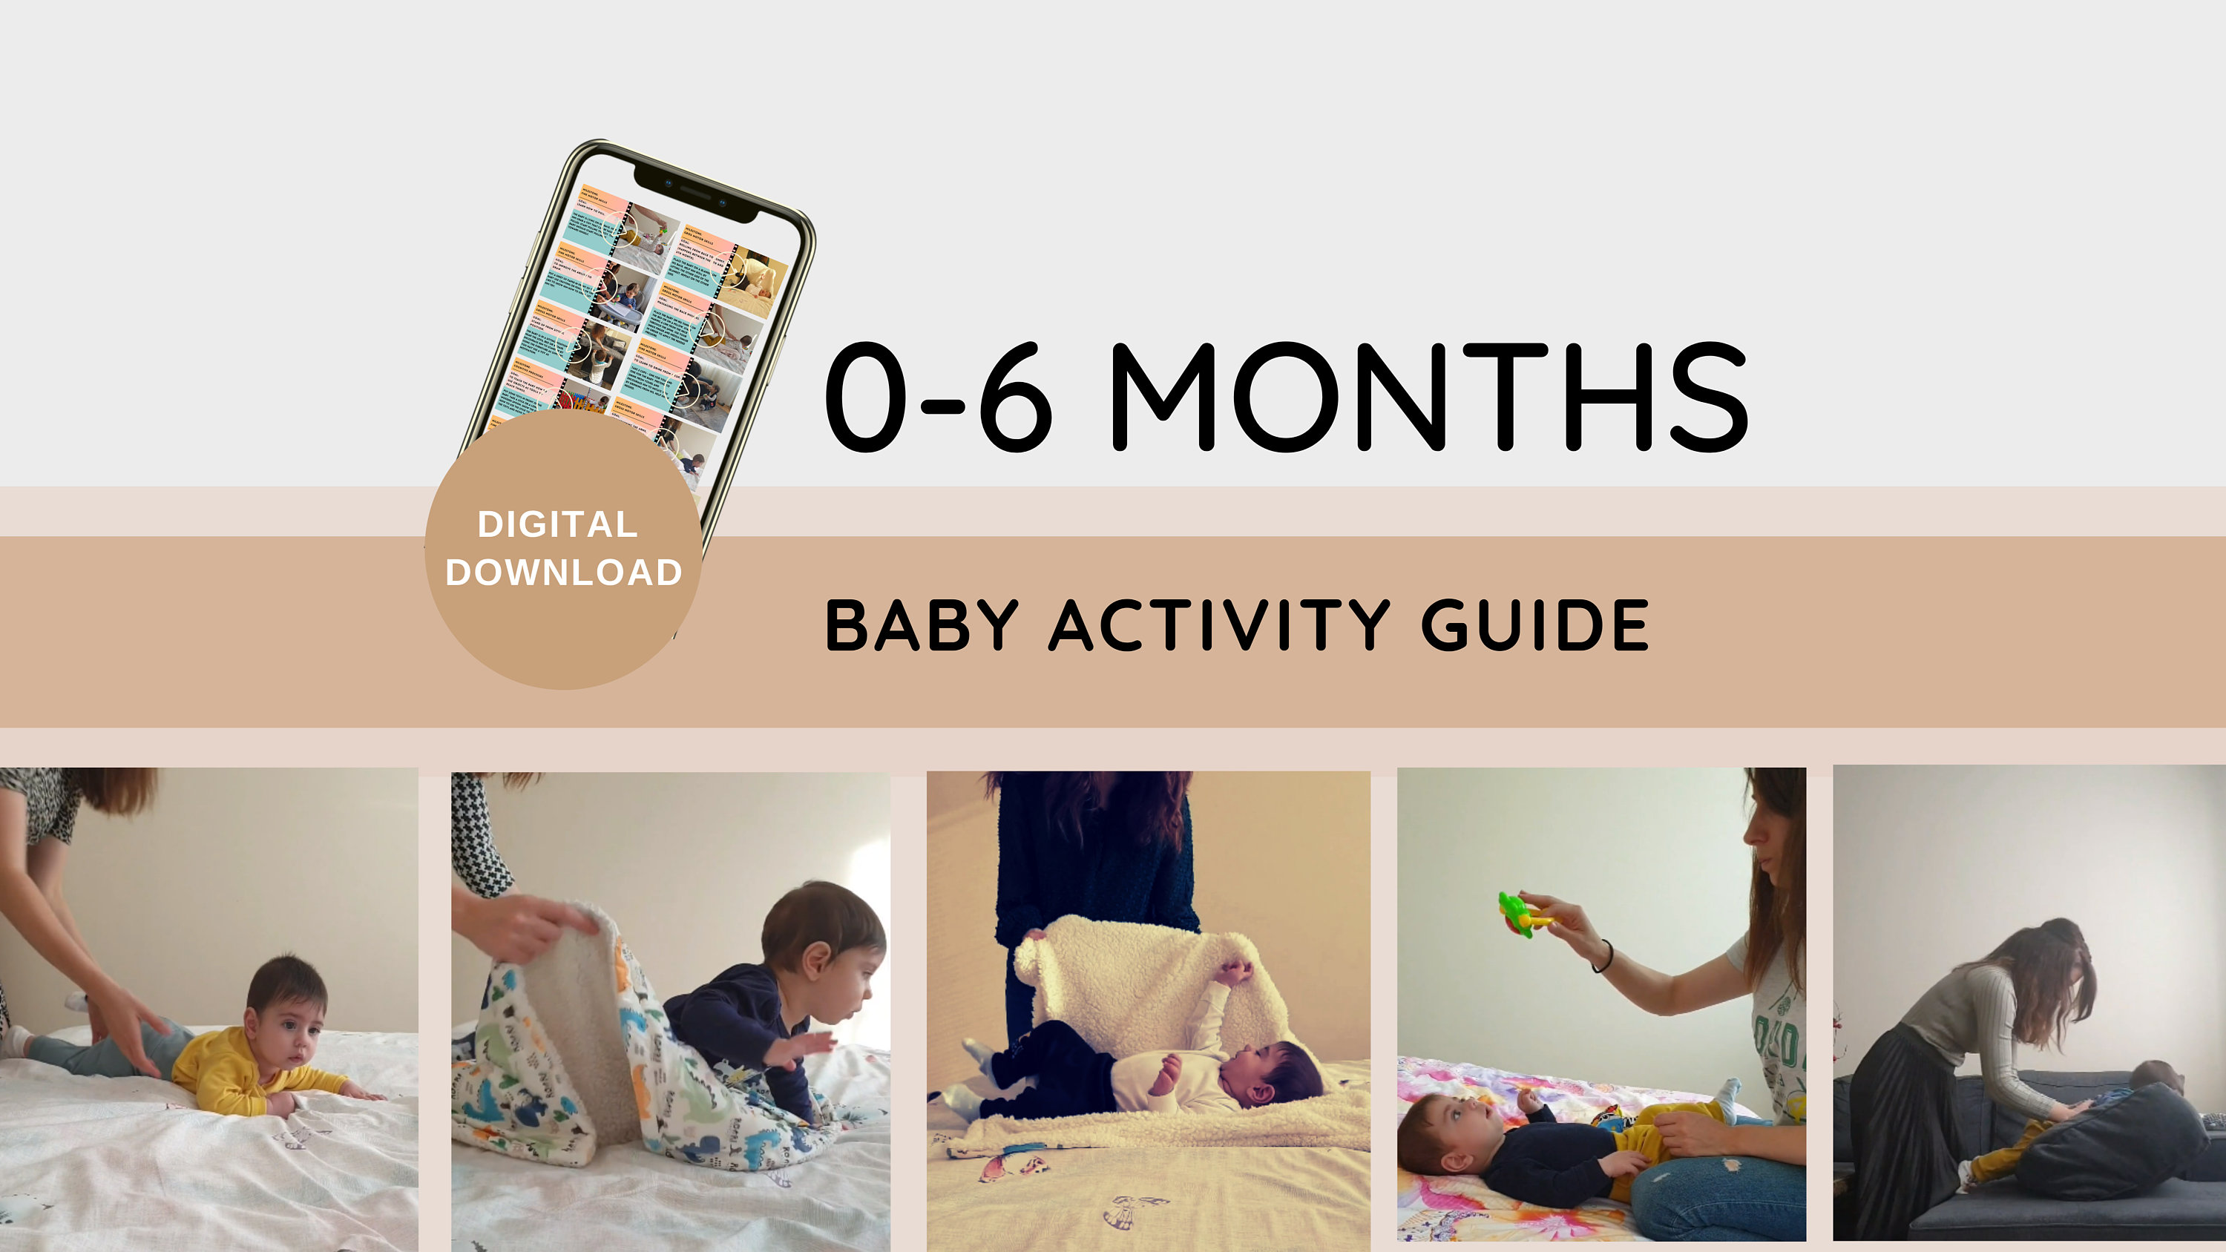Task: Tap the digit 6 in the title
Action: (1017, 398)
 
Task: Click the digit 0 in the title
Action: (866, 398)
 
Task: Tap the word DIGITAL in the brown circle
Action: (557, 524)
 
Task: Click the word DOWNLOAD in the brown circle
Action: (563, 573)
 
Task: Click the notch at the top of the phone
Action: (697, 194)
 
